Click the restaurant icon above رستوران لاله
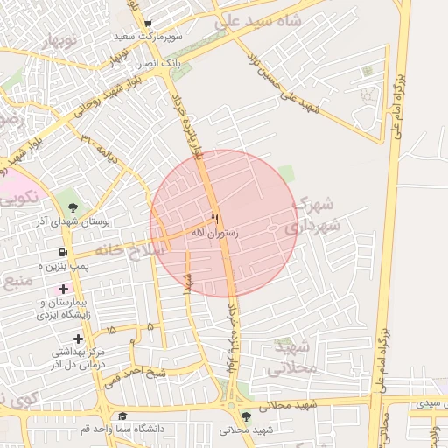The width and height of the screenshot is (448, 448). click(215, 218)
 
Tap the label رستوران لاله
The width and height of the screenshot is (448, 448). click(215, 234)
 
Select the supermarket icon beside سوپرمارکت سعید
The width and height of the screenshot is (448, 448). click(148, 24)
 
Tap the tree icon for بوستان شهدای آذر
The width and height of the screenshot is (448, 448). click(72, 207)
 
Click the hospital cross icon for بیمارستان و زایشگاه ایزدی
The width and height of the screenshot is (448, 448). click(62, 289)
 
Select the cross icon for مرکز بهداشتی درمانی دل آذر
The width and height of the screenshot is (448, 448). click(79, 338)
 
